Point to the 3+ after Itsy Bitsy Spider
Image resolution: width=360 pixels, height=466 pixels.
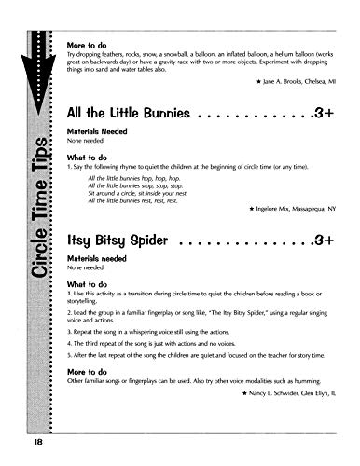coord(324,240)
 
